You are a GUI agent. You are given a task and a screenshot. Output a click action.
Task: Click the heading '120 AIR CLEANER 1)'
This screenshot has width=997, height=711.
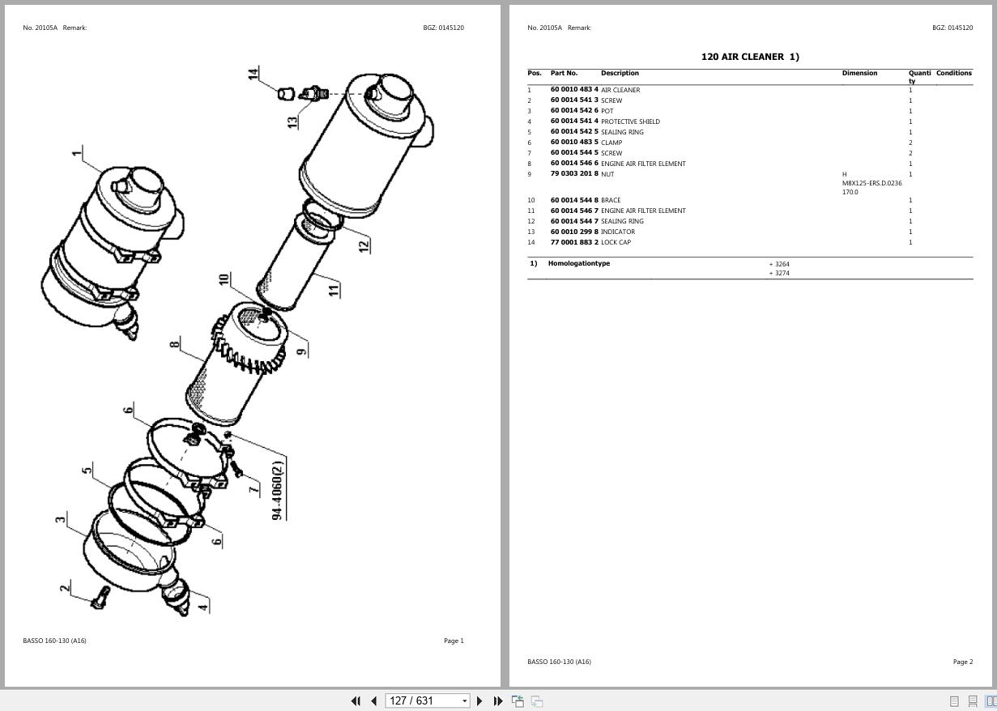(x=749, y=57)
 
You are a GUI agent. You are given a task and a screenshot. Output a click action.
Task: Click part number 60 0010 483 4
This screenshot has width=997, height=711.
(x=573, y=90)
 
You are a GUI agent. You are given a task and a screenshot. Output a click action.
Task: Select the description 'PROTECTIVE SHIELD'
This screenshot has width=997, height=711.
(x=630, y=121)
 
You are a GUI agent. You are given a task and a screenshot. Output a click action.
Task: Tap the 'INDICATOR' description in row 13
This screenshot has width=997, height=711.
(x=617, y=232)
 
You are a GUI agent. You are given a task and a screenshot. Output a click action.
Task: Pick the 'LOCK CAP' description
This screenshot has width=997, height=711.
(x=616, y=242)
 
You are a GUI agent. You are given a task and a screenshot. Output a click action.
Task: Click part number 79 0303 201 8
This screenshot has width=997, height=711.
(x=573, y=174)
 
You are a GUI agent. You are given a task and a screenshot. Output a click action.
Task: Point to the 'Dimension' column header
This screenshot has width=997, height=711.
(x=859, y=73)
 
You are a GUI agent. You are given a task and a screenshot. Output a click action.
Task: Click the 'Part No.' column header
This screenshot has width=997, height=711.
(x=564, y=73)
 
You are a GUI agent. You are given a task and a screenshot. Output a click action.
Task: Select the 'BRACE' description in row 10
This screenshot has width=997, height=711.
(x=611, y=200)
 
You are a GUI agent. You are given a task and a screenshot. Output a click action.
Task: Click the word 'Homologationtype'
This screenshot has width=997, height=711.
(x=578, y=263)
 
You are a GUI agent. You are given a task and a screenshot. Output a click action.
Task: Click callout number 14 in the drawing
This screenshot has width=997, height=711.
(x=254, y=74)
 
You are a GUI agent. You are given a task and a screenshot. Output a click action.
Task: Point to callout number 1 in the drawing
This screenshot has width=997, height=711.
(x=77, y=152)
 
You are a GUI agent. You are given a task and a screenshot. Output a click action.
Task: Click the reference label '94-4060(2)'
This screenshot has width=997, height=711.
(x=278, y=490)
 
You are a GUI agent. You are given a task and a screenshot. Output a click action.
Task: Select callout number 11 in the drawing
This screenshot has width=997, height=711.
(x=334, y=288)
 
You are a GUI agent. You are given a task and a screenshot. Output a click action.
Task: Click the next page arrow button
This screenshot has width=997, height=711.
(x=479, y=701)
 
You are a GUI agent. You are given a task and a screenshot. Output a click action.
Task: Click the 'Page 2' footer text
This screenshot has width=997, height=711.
(x=962, y=662)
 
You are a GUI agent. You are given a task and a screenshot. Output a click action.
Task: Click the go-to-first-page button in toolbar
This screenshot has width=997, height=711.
(x=355, y=701)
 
